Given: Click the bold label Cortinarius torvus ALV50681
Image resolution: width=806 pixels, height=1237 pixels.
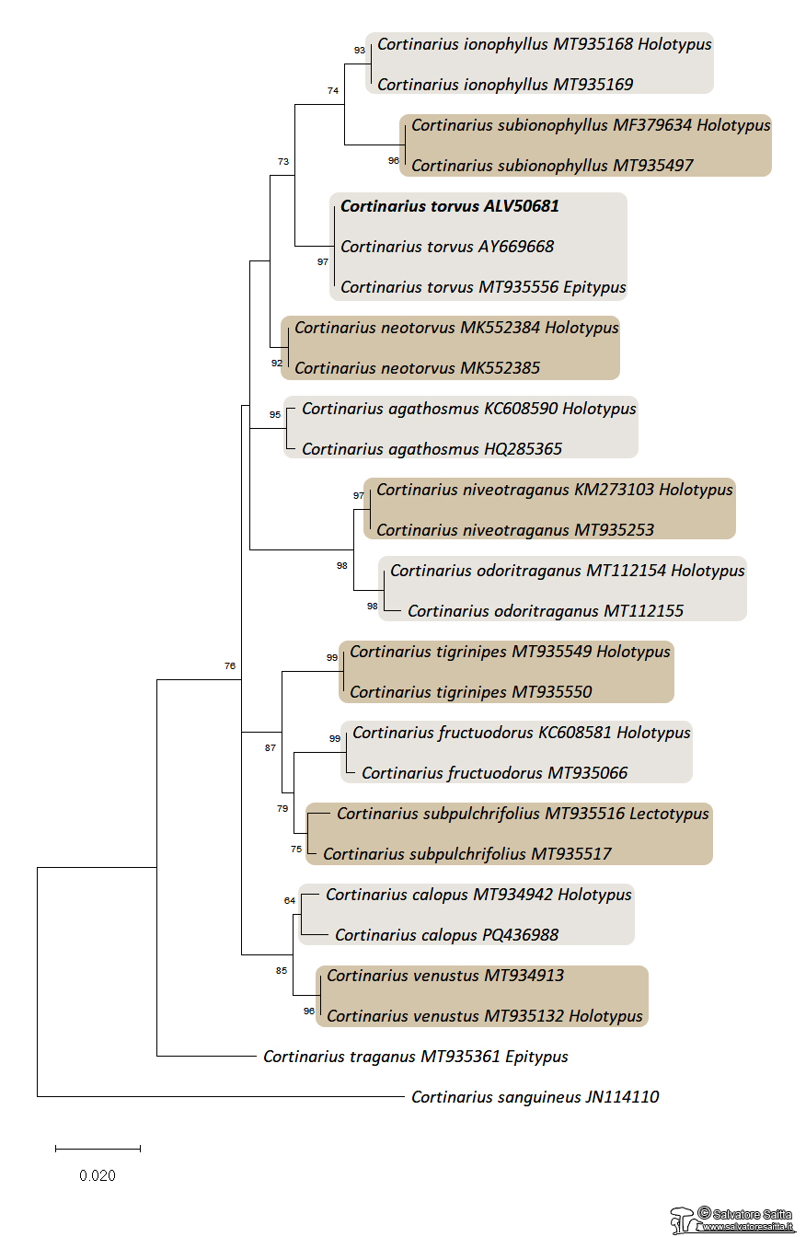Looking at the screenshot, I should pyautogui.click(x=449, y=207).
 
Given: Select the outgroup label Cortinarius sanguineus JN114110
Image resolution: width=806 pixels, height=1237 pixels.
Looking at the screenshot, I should pyautogui.click(x=535, y=1097).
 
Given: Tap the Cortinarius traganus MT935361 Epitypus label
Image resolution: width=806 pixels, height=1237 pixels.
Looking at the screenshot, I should pyautogui.click(x=415, y=1057).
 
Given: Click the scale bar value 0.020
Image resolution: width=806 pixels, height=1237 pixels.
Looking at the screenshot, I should pyautogui.click(x=98, y=1175).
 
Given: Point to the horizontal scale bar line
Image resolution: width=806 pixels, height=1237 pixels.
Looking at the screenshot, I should pyautogui.click(x=98, y=1149).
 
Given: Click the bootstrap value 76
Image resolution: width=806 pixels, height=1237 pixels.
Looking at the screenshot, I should pyautogui.click(x=230, y=665).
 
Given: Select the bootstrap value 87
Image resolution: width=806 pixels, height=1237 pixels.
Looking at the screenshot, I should pyautogui.click(x=270, y=747).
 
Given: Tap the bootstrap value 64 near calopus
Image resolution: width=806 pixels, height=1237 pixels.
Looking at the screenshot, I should pyautogui.click(x=290, y=900).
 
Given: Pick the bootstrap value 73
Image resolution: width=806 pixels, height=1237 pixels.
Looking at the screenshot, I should pyautogui.click(x=282, y=162).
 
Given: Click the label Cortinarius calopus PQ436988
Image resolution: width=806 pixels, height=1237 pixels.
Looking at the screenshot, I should pyautogui.click(x=446, y=935).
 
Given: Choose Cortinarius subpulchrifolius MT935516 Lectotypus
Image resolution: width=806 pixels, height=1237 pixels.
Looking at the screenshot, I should pyautogui.click(x=522, y=814).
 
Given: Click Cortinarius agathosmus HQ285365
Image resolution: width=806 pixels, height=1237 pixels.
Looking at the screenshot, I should pyautogui.click(x=432, y=449).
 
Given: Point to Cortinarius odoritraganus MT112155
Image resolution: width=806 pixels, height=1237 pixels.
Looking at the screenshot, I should pyautogui.click(x=545, y=611).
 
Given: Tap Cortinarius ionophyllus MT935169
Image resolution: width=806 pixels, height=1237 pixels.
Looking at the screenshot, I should pyautogui.click(x=504, y=85).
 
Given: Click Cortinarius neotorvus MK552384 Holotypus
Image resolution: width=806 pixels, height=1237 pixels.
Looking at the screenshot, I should pyautogui.click(x=456, y=328).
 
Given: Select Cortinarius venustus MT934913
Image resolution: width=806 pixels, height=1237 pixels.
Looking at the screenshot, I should pyautogui.click(x=445, y=976).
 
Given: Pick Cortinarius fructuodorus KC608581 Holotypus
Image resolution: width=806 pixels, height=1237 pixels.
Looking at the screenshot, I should pyautogui.click(x=521, y=733).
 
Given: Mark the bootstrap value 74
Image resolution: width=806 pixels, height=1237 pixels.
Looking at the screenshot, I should pyautogui.click(x=333, y=90).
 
